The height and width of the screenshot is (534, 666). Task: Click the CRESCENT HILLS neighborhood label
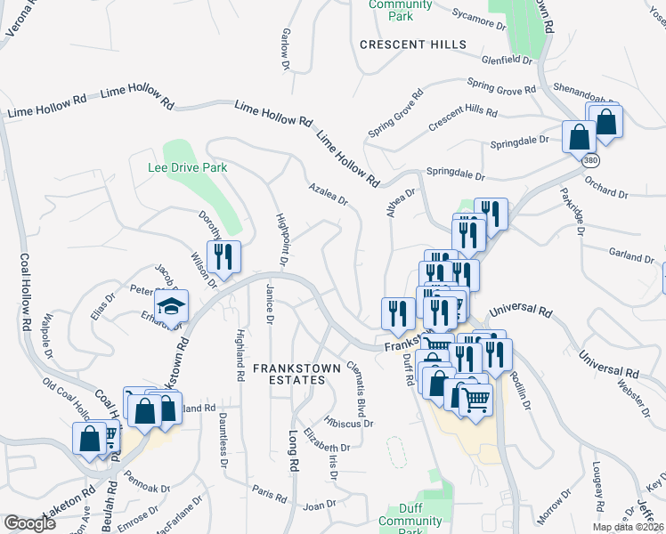point(412,44)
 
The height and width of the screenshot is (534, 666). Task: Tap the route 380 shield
point(589,163)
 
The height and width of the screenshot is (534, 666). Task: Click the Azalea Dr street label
point(328,195)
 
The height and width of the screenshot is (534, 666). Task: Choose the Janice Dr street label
point(268,305)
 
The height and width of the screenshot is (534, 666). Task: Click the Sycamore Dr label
point(479,16)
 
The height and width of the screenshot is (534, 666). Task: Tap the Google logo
point(30,523)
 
